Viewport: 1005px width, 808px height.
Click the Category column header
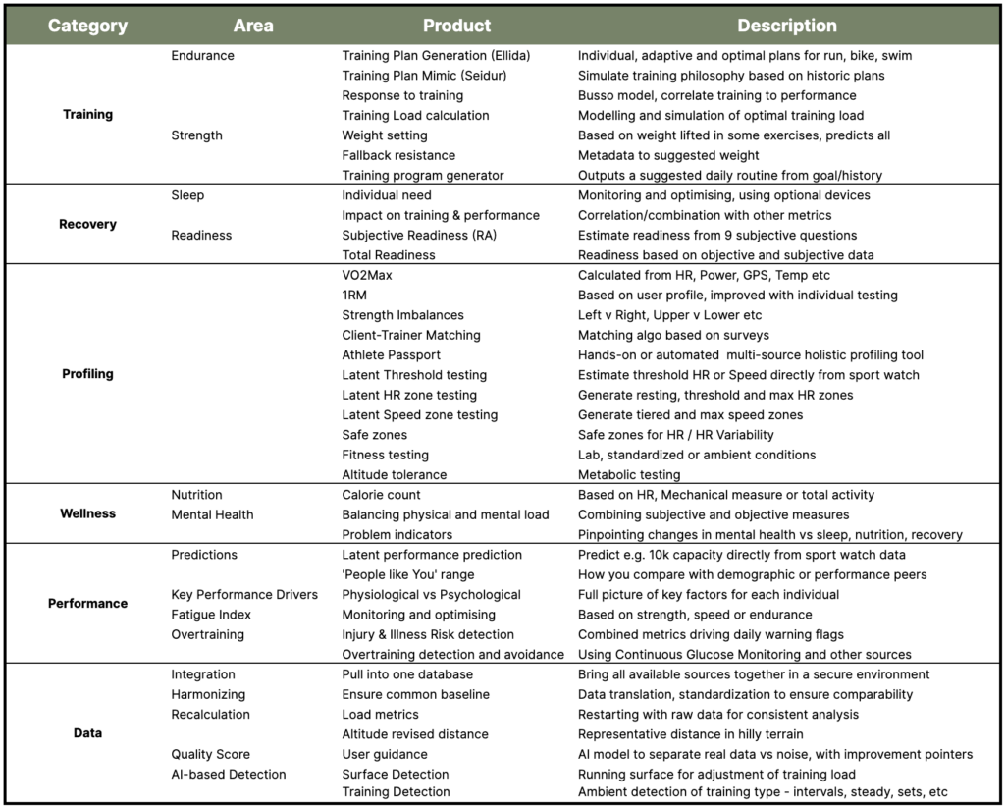click(x=87, y=26)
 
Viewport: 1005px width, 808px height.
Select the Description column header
click(x=786, y=26)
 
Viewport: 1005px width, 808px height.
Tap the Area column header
click(x=253, y=26)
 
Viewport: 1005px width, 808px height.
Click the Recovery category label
click(x=87, y=224)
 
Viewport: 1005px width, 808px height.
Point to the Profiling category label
click(x=87, y=374)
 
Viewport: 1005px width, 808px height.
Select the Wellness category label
click(x=87, y=513)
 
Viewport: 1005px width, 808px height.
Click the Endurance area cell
click(x=202, y=56)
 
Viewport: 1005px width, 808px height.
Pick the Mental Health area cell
click(x=212, y=514)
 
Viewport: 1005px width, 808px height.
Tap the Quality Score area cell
click(x=210, y=754)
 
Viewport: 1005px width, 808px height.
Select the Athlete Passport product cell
click(x=391, y=354)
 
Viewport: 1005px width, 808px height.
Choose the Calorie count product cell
click(x=381, y=495)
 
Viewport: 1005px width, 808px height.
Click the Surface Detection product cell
click(x=396, y=774)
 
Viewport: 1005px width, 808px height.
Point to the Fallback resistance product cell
click(x=398, y=155)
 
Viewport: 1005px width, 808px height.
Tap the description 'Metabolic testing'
click(x=628, y=474)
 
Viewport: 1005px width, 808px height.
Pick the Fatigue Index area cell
click(x=211, y=615)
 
